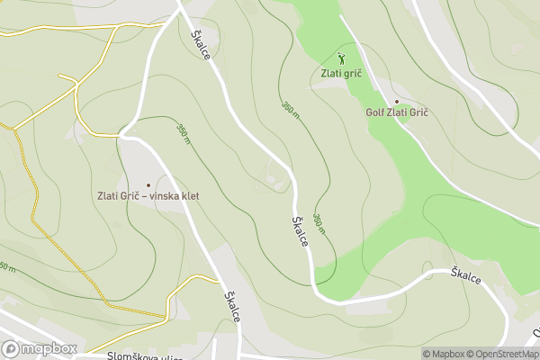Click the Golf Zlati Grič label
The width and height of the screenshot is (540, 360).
(x=396, y=113)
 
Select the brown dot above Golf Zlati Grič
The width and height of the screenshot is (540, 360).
(x=396, y=102)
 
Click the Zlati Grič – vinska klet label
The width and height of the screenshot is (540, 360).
(x=148, y=196)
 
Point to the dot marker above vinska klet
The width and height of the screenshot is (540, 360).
(x=148, y=184)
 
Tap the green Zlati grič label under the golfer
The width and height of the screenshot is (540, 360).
(x=340, y=73)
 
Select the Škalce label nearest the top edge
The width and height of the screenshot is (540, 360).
(x=202, y=43)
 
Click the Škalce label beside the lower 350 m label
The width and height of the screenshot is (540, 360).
(x=301, y=230)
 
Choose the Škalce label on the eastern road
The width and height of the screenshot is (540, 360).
(x=466, y=275)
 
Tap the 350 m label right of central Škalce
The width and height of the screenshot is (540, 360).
(x=319, y=225)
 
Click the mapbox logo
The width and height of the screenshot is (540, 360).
(x=40, y=347)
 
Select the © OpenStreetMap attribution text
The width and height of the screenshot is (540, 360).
(x=502, y=354)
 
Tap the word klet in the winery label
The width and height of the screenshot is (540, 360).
(x=190, y=196)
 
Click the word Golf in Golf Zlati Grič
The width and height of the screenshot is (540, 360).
(x=375, y=113)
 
